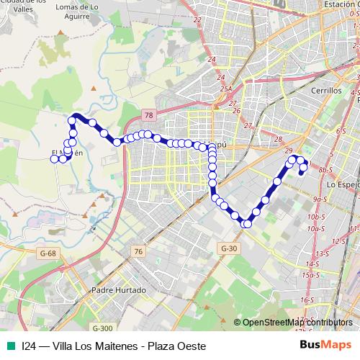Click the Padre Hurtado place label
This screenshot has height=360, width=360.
point(119,290)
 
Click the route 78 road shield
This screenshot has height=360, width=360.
point(148,115)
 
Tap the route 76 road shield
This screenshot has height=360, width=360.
point(138,251)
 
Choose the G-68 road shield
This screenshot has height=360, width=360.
point(48,253)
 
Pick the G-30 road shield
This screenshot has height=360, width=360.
point(229,248)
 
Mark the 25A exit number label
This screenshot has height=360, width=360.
point(226,89)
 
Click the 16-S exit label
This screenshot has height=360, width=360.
point(307,300)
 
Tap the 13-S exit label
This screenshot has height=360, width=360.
point(321,254)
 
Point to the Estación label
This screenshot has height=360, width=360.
point(341,4)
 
